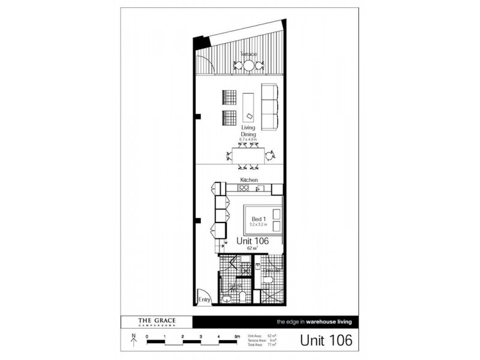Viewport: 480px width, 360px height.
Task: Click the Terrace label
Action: [x=248, y=54]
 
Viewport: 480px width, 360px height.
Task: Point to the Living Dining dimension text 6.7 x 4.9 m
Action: [x=248, y=139]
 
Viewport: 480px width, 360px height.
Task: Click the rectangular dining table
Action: [x=248, y=155]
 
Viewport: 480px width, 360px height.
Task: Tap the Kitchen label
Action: [x=249, y=180]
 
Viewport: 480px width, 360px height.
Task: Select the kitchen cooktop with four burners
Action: [x=243, y=188]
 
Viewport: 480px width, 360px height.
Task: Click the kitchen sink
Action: [x=260, y=189]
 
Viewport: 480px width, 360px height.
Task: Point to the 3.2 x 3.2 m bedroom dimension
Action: [x=258, y=224]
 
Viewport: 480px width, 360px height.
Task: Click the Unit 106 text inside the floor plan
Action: [x=252, y=240]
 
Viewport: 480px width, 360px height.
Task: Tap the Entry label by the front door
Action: [x=204, y=299]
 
